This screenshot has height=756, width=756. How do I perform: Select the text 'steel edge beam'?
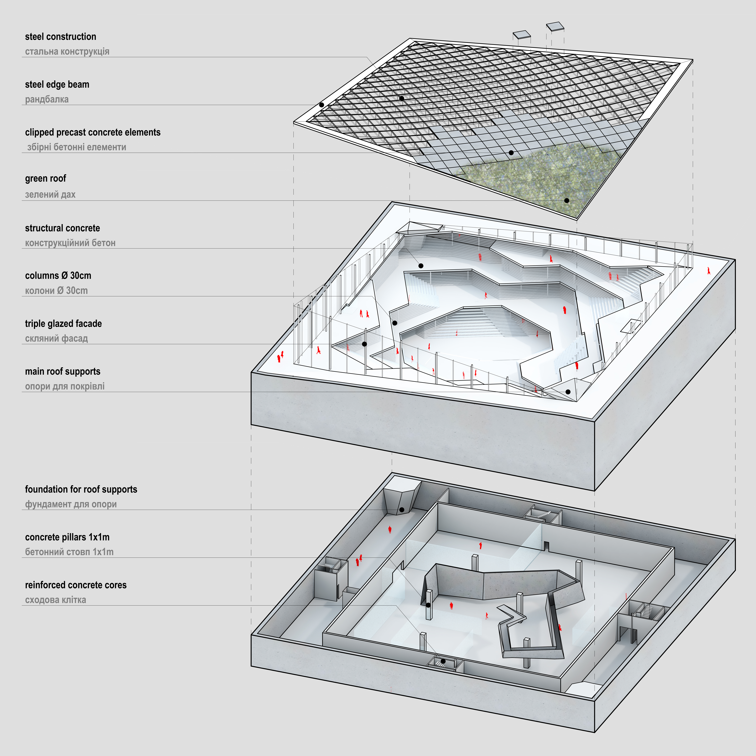pos(57,85)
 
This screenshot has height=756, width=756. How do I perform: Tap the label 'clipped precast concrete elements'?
pos(93,132)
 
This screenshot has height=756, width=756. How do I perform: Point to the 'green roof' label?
pos(45,178)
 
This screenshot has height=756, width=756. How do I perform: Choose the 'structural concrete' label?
pos(62,228)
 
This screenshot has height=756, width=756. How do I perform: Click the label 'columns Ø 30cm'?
pos(58,275)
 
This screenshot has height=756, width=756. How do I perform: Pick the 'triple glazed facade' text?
pos(63,324)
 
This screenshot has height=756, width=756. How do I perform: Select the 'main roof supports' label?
pos(63,371)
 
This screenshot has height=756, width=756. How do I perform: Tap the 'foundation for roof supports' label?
pos(81,489)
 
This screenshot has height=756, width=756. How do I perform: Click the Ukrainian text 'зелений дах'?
pos(50,194)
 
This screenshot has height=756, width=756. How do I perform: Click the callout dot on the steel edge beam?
pos(321,105)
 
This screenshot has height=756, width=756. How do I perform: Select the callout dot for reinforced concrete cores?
pos(443,661)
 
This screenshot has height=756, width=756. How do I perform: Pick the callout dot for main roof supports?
pos(568,392)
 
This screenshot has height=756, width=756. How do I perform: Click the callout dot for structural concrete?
pos(421,266)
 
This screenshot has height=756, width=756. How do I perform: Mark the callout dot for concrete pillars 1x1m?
pos(429,605)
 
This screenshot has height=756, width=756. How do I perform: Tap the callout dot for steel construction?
pos(401,98)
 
